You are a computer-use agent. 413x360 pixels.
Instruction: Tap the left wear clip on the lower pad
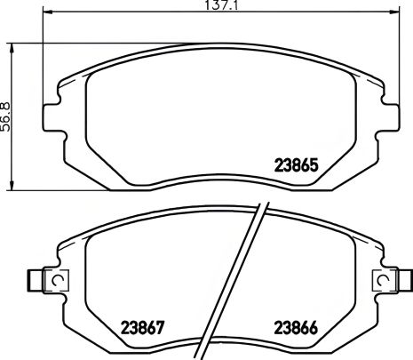[x=38, y=281]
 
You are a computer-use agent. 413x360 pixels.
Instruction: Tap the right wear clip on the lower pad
[x=383, y=281]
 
